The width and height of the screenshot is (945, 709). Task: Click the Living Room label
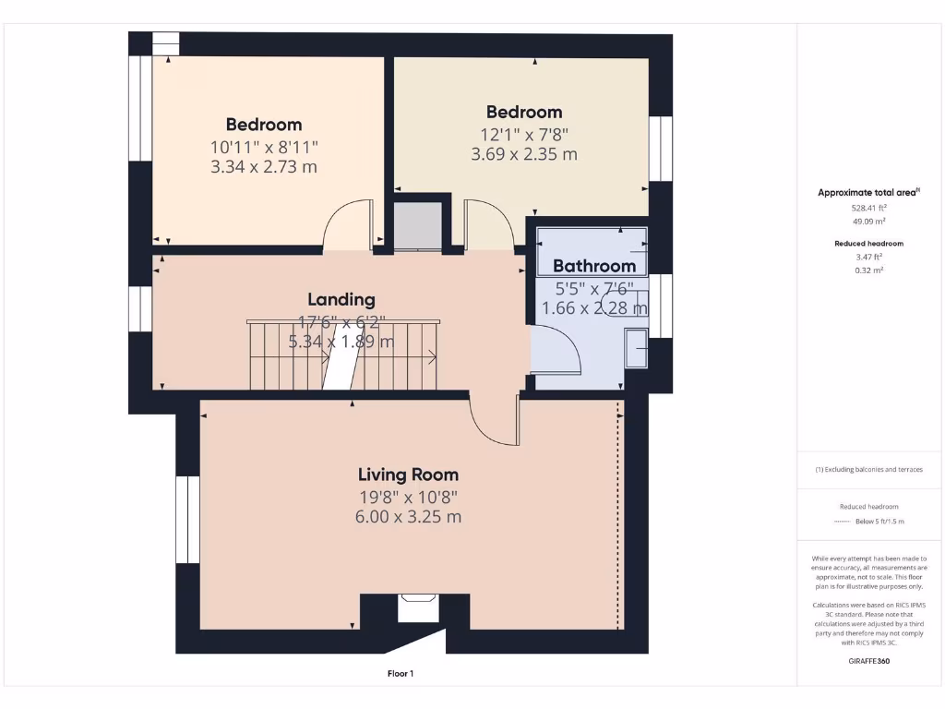408,475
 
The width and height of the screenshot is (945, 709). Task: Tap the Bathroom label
594,266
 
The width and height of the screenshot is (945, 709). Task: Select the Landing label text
341,299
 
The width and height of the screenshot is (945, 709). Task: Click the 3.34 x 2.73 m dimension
264,167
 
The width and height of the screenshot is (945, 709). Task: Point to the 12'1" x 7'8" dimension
524,134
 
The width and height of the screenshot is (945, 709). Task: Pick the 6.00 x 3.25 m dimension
408,517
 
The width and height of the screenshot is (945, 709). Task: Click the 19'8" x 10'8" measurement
408,497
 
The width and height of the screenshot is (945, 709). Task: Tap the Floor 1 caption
400,674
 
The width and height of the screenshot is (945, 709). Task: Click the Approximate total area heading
867,192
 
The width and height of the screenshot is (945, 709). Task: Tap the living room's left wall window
187,520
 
